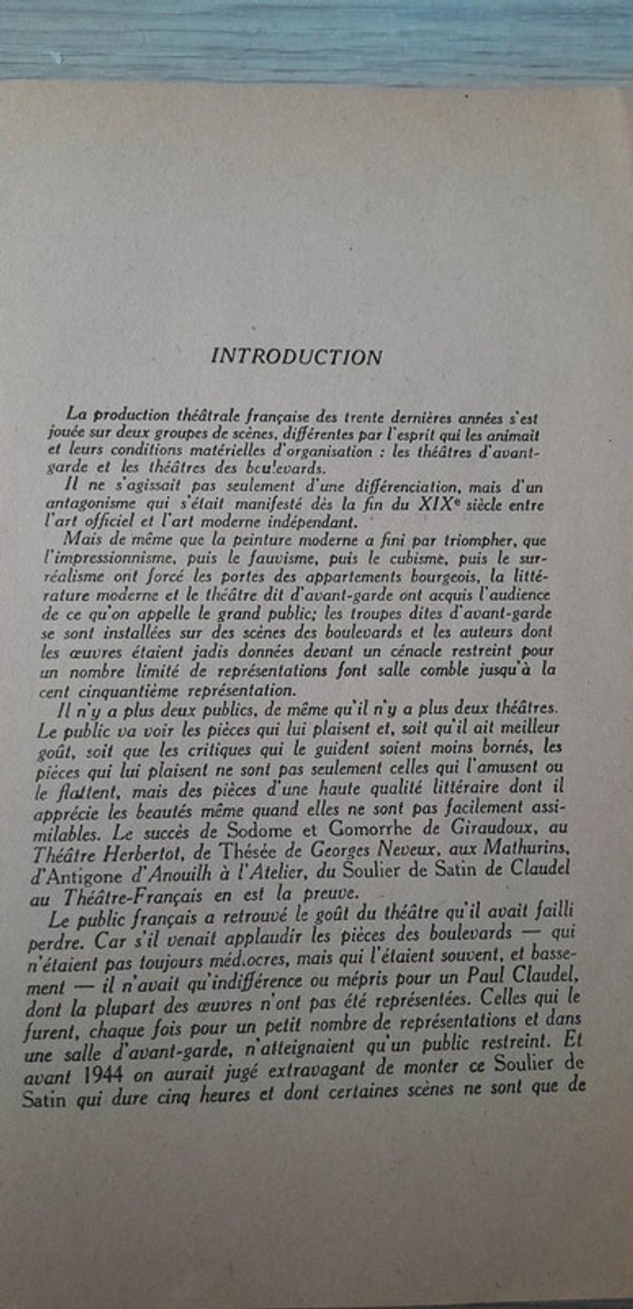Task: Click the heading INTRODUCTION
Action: (297, 356)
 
